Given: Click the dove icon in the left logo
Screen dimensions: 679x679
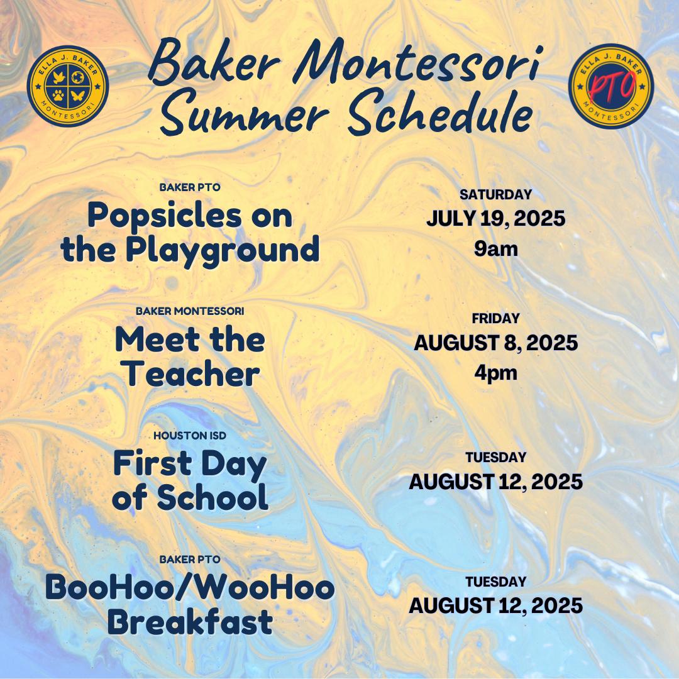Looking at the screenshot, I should [x=58, y=77].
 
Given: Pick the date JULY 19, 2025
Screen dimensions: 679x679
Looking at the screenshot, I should [x=495, y=219].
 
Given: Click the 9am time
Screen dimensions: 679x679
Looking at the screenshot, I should [x=495, y=249].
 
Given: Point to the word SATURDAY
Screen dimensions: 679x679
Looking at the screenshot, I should [x=495, y=195].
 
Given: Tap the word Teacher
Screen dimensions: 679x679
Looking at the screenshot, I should [x=190, y=375].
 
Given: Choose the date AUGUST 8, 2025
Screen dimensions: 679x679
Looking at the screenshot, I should [x=495, y=343].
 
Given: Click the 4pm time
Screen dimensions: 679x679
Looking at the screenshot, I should [x=495, y=373].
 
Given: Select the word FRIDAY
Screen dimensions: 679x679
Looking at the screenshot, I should [x=495, y=319].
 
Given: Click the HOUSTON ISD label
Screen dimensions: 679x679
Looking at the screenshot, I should [x=190, y=435].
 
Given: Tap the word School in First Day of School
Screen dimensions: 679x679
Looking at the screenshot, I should [x=212, y=498].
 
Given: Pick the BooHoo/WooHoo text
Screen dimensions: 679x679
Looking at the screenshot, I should [x=190, y=588].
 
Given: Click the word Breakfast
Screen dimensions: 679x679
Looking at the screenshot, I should [x=190, y=622].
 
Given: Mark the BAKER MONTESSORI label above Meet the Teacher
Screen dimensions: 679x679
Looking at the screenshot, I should [x=190, y=311].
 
